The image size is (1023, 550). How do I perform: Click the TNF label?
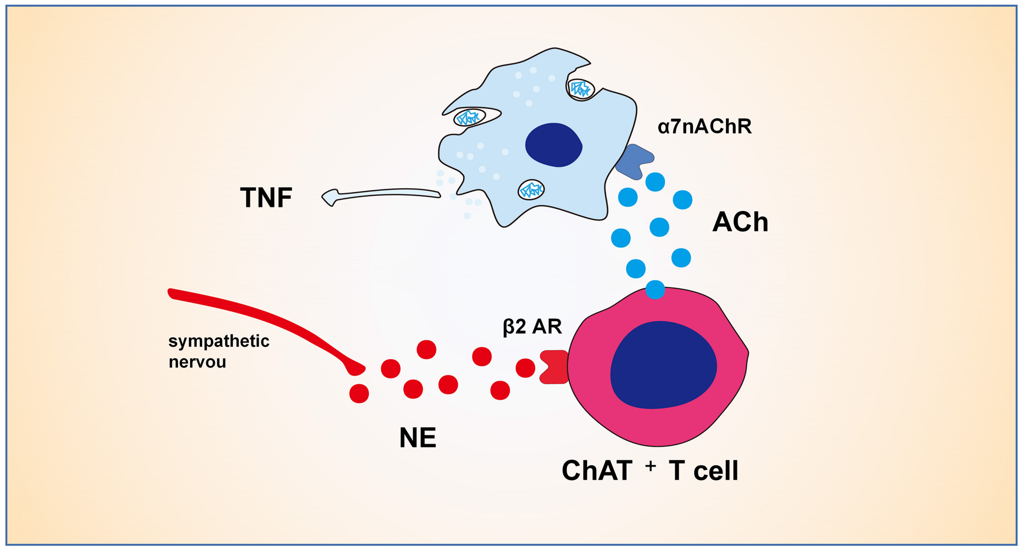point(266,198)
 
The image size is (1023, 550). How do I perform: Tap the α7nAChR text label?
point(704,126)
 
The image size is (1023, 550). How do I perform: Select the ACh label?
point(740,222)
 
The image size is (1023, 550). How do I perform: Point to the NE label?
point(417,438)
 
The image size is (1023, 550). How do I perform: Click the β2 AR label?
point(532,327)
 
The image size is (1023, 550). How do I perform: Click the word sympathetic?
point(219,341)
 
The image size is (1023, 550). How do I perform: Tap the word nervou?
point(197,362)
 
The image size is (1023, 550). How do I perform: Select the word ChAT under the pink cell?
point(597,471)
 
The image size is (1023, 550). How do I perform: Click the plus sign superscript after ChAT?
point(650,466)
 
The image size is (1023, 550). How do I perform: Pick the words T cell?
point(703,471)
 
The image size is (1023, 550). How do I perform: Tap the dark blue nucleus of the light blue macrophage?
point(554,145)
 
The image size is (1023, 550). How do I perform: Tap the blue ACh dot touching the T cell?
point(655,290)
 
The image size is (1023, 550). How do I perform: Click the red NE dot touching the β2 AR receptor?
point(525,368)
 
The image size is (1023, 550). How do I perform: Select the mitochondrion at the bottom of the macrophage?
point(531,190)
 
